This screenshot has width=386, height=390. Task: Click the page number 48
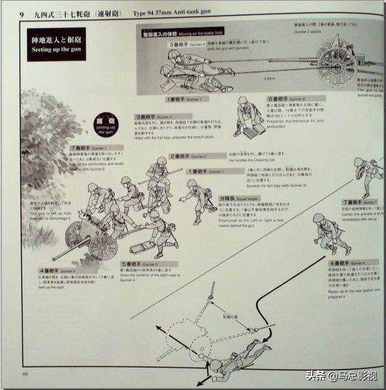tap(25, 373)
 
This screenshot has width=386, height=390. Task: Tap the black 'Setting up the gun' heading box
tap(55, 44)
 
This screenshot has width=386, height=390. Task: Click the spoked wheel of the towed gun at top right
tap(337, 64)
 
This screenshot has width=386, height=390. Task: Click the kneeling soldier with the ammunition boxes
tap(249, 116)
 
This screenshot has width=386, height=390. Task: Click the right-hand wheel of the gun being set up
tap(102, 247)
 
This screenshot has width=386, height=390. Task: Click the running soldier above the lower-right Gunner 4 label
tap(331, 236)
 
